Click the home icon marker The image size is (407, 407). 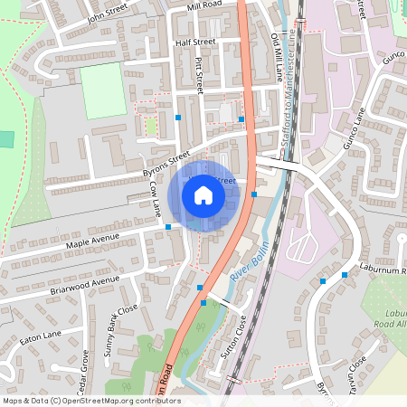tap(203, 195)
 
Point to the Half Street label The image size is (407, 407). tap(195, 43)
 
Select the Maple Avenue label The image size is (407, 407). tap(92, 242)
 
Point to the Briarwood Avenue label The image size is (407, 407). tap(85, 286)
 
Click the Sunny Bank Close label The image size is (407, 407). tap(120, 329)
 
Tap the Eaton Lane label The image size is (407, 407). tap(40, 340)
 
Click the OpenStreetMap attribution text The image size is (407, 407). tap(90, 401)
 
